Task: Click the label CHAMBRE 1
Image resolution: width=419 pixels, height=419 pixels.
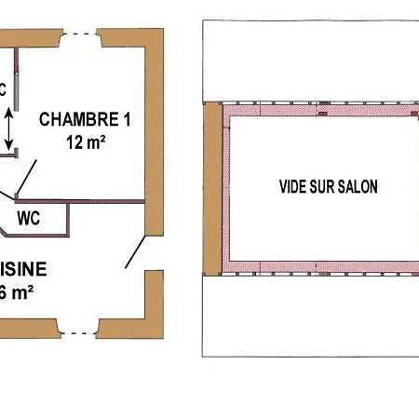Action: (83, 120)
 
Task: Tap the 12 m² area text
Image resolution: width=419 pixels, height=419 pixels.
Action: (83, 142)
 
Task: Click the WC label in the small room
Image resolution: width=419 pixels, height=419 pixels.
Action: (28, 221)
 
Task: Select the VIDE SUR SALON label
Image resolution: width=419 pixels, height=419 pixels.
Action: (329, 186)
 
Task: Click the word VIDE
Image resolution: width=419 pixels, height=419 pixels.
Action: (293, 186)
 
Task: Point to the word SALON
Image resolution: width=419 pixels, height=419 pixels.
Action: (359, 186)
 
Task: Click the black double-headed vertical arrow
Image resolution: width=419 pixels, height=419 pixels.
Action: (8, 128)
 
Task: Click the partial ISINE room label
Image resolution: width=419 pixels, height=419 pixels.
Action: (22, 270)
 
